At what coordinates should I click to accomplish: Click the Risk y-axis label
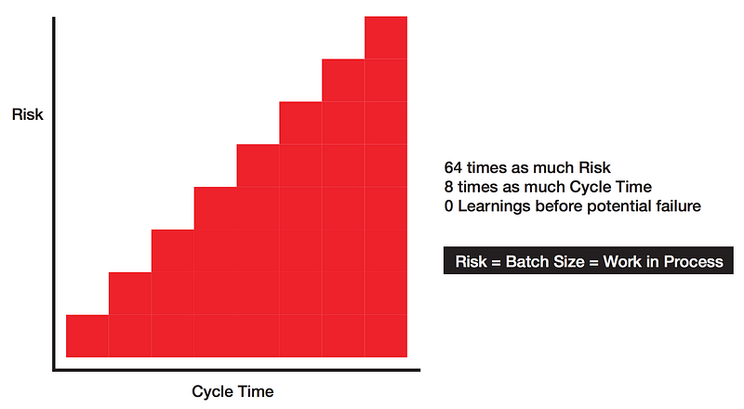click(x=28, y=115)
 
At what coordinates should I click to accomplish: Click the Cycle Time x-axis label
click(x=232, y=390)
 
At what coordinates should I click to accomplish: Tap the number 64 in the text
click(x=453, y=168)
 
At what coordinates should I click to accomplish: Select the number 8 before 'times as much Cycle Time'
click(x=449, y=187)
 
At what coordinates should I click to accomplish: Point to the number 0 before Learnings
click(x=449, y=205)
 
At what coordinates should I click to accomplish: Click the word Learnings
click(x=495, y=205)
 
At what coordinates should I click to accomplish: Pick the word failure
click(x=675, y=205)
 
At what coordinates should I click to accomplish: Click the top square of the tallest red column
click(x=385, y=37)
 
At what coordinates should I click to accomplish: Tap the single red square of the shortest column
click(x=87, y=336)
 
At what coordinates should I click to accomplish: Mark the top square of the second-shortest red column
click(x=130, y=293)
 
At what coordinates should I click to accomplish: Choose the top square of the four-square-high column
click(x=216, y=207)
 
